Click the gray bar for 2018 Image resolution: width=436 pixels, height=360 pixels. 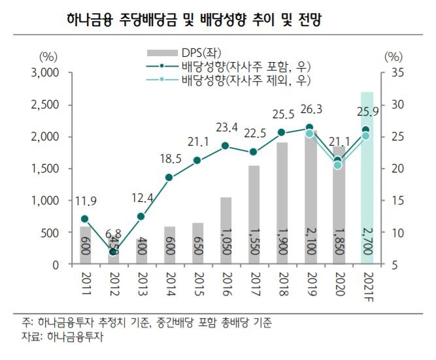pos(282,203)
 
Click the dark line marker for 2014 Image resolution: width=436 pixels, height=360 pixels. pos(169,177)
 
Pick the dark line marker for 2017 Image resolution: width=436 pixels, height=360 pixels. pos(254,152)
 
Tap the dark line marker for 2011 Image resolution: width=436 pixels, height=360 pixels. pos(84,219)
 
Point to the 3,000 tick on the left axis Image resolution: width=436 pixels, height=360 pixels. pos(45,73)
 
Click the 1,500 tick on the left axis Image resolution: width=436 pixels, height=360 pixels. pos(45,169)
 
